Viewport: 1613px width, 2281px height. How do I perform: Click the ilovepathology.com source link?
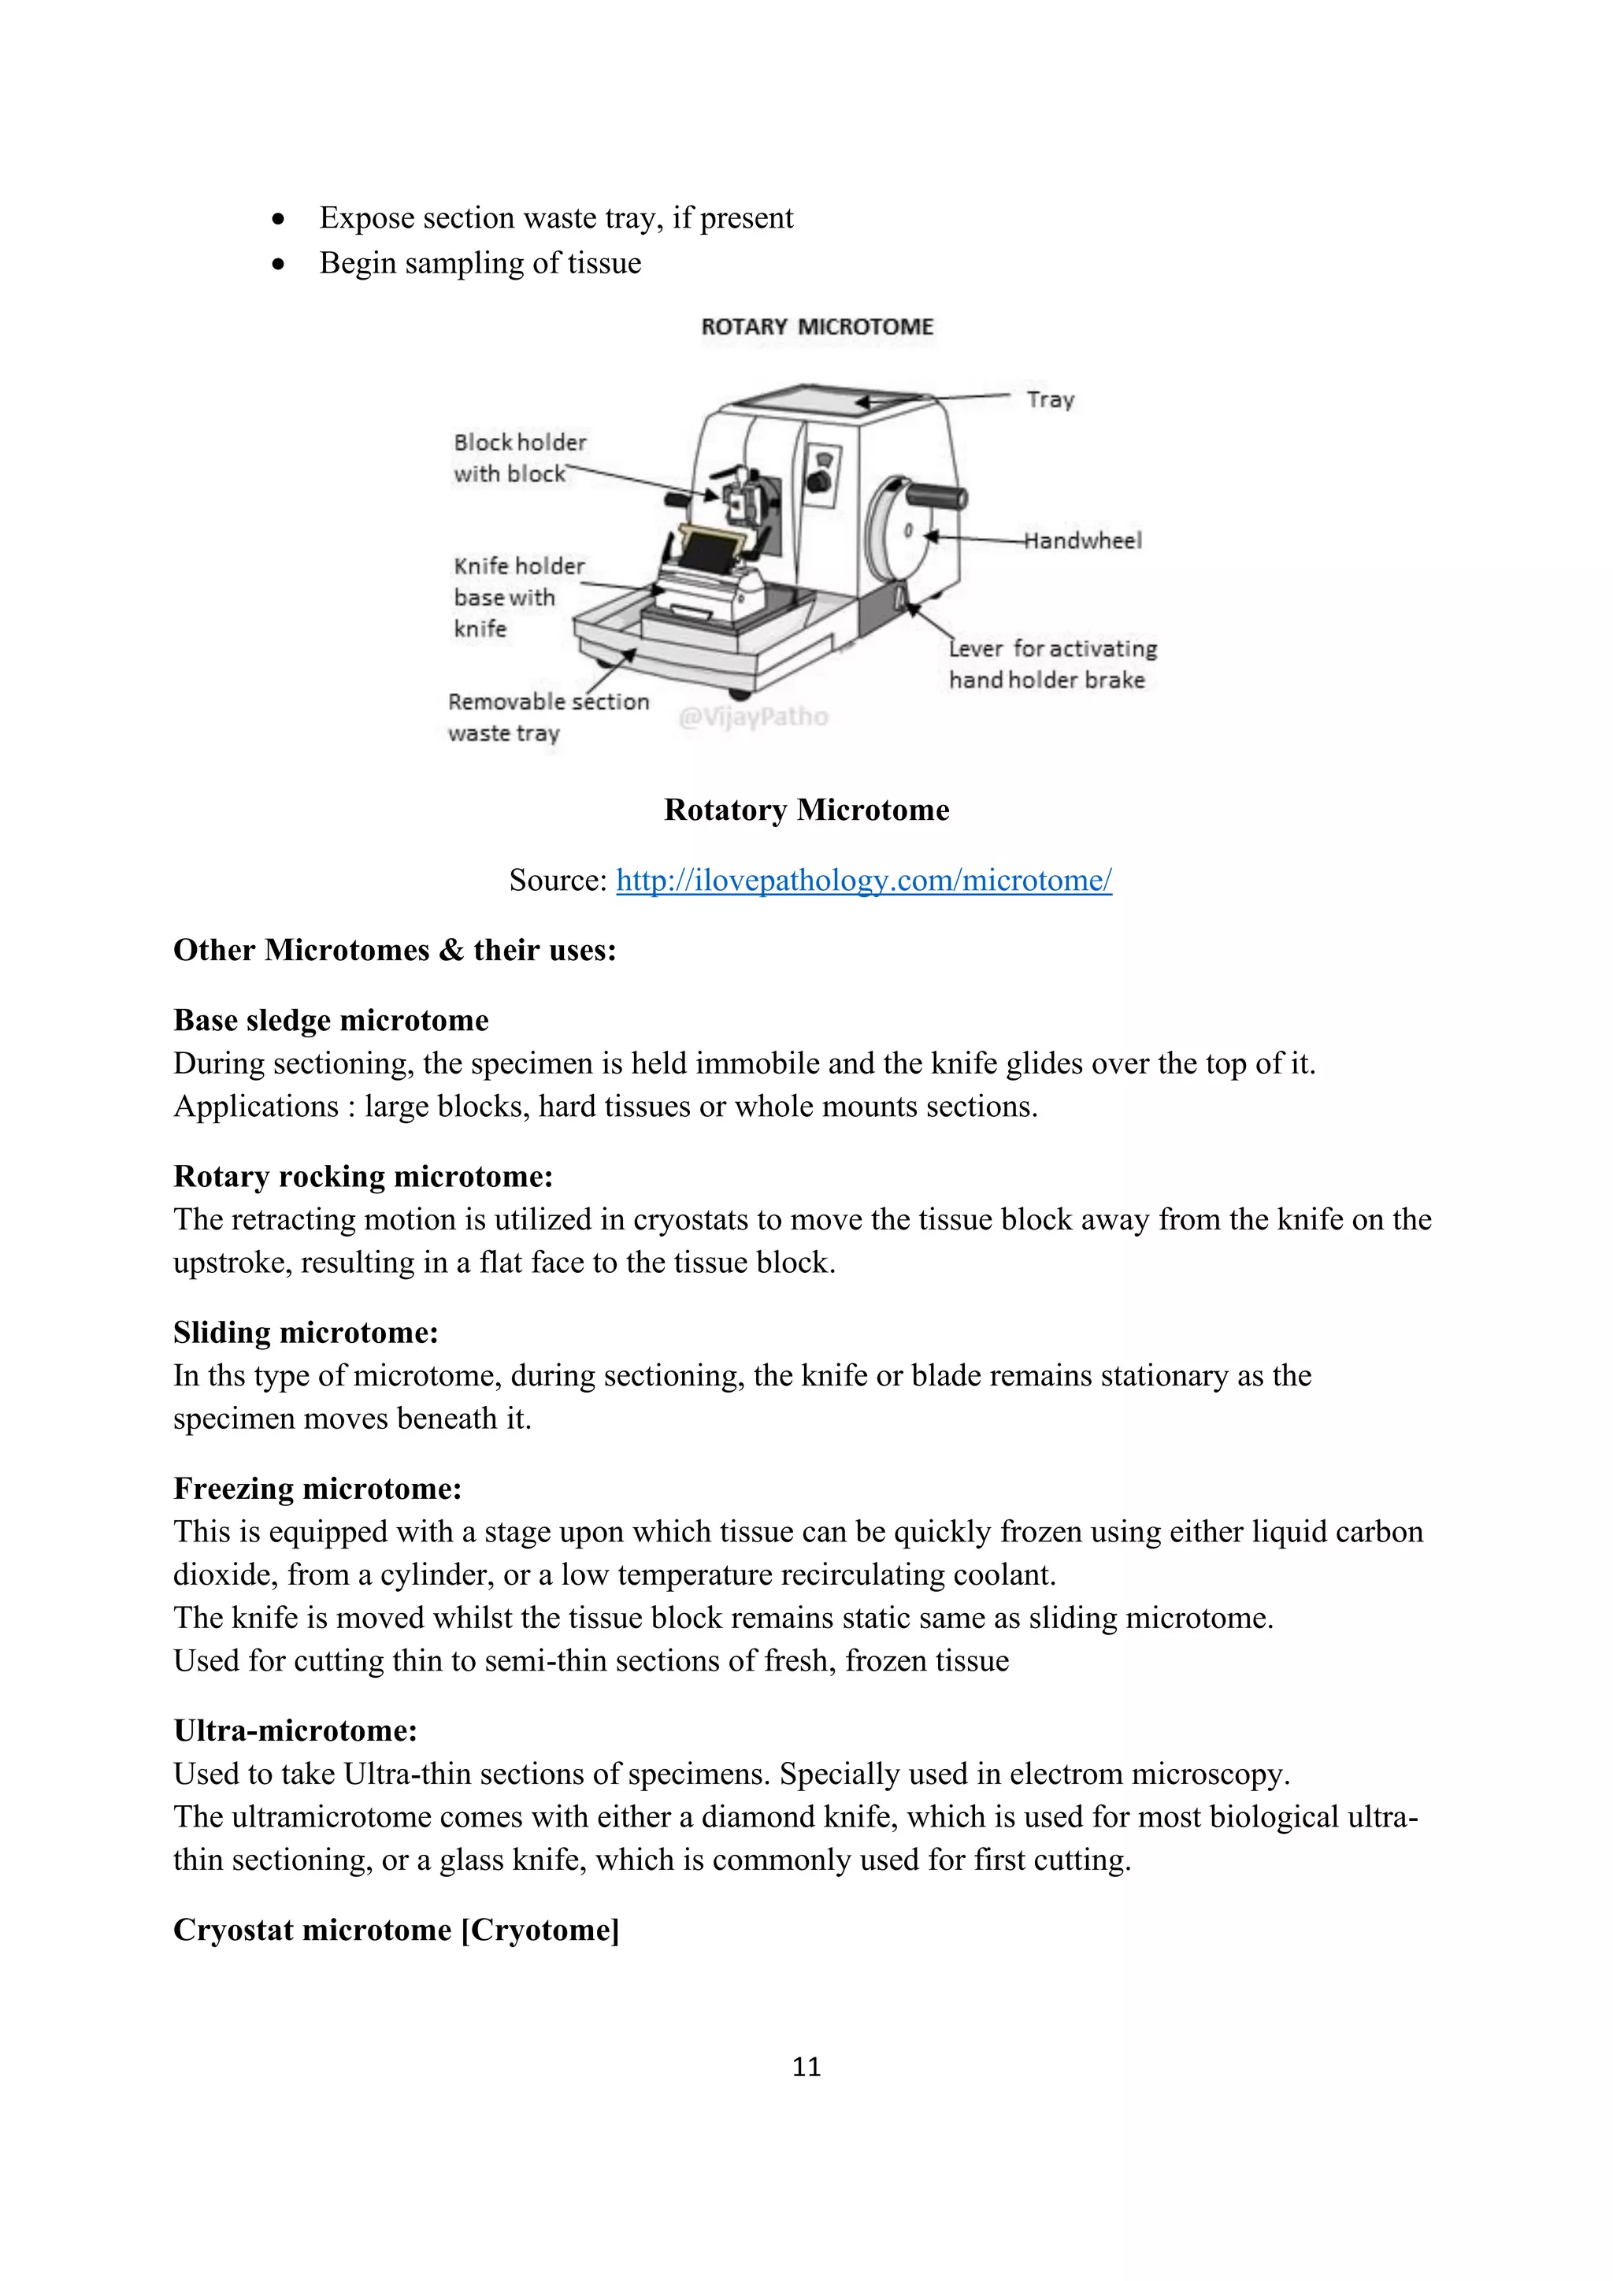coord(863,881)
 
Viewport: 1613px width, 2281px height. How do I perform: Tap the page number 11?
coord(806,2067)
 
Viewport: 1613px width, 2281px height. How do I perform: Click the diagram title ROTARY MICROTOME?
coord(817,327)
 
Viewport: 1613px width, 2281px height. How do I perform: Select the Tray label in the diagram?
coord(1050,399)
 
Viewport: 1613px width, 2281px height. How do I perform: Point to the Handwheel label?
coord(1084,540)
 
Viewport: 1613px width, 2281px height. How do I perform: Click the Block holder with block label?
coord(520,458)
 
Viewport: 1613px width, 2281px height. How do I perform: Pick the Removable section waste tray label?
coord(547,718)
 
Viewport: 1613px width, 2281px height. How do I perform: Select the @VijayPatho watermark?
coord(753,716)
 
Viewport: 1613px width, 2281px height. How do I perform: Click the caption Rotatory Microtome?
coord(806,810)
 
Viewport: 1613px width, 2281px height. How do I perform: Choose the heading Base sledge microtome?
coord(331,1020)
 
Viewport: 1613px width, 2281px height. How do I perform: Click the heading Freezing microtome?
coord(318,1488)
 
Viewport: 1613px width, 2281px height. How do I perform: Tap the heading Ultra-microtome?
coord(295,1730)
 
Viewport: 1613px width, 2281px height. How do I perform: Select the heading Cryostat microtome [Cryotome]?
coord(396,1929)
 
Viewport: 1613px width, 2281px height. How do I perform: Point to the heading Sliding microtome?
coord(306,1332)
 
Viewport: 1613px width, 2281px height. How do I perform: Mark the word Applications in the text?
coord(256,1107)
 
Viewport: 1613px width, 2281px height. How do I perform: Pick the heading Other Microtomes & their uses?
coord(395,950)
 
